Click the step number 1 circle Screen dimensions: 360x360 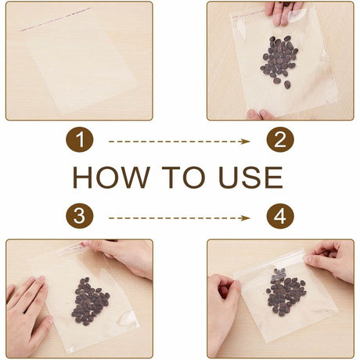[x=80, y=139]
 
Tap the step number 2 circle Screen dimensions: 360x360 [x=280, y=139]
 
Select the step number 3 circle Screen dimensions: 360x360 [x=80, y=216]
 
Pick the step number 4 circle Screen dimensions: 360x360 [x=280, y=216]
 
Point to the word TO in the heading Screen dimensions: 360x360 [x=183, y=177]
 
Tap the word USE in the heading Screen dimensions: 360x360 [x=250, y=177]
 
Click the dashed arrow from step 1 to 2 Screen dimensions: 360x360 [x=179, y=142]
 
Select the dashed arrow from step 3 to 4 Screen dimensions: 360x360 [x=179, y=218]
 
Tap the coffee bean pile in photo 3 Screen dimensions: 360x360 [x=90, y=301]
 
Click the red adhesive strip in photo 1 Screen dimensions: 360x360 [x=56, y=20]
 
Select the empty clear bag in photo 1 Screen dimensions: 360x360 [x=79, y=61]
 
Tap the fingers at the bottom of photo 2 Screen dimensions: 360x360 [x=261, y=114]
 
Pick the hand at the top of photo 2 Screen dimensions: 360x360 [x=283, y=12]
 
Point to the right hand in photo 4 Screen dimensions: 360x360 [x=331, y=261]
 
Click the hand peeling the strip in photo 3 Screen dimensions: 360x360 [x=120, y=257]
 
